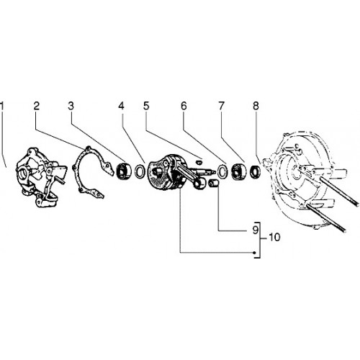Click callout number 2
pyautogui.click(x=36, y=106)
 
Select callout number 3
pyautogui.click(x=71, y=106)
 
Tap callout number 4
pyautogui.click(x=121, y=106)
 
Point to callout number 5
pyautogui.click(x=146, y=106)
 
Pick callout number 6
pyautogui.click(x=184, y=106)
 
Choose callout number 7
pyautogui.click(x=221, y=106)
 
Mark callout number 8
pyautogui.click(x=256, y=106)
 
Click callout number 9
pyautogui.click(x=256, y=230)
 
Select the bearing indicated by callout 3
pyautogui.click(x=124, y=171)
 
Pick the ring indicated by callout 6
pyautogui.click(x=222, y=171)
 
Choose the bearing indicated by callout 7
pyautogui.click(x=238, y=171)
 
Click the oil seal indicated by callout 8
pyautogui.click(x=256, y=171)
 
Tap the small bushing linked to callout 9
pyautogui.click(x=213, y=184)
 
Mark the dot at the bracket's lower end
pyautogui.click(x=255, y=252)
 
